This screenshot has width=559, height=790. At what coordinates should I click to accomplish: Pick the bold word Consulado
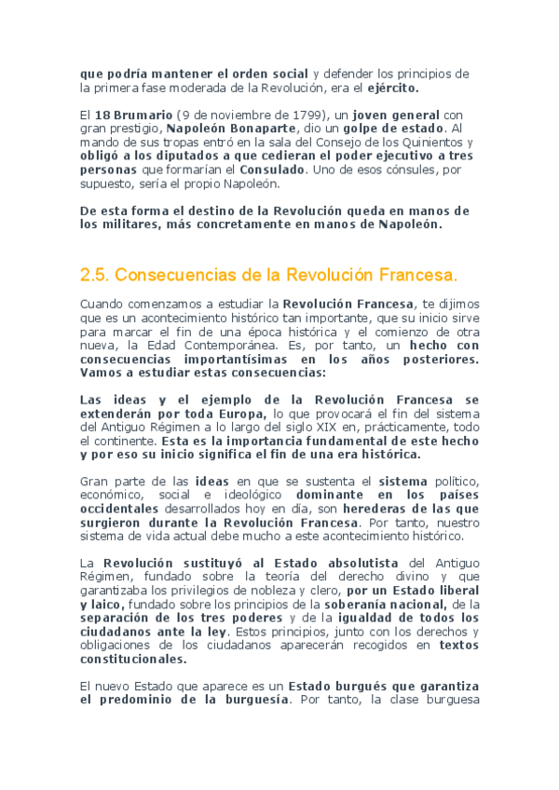point(270,170)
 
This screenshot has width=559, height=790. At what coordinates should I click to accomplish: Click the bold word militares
point(131,225)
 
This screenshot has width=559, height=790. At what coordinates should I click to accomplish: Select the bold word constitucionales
point(133,658)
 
